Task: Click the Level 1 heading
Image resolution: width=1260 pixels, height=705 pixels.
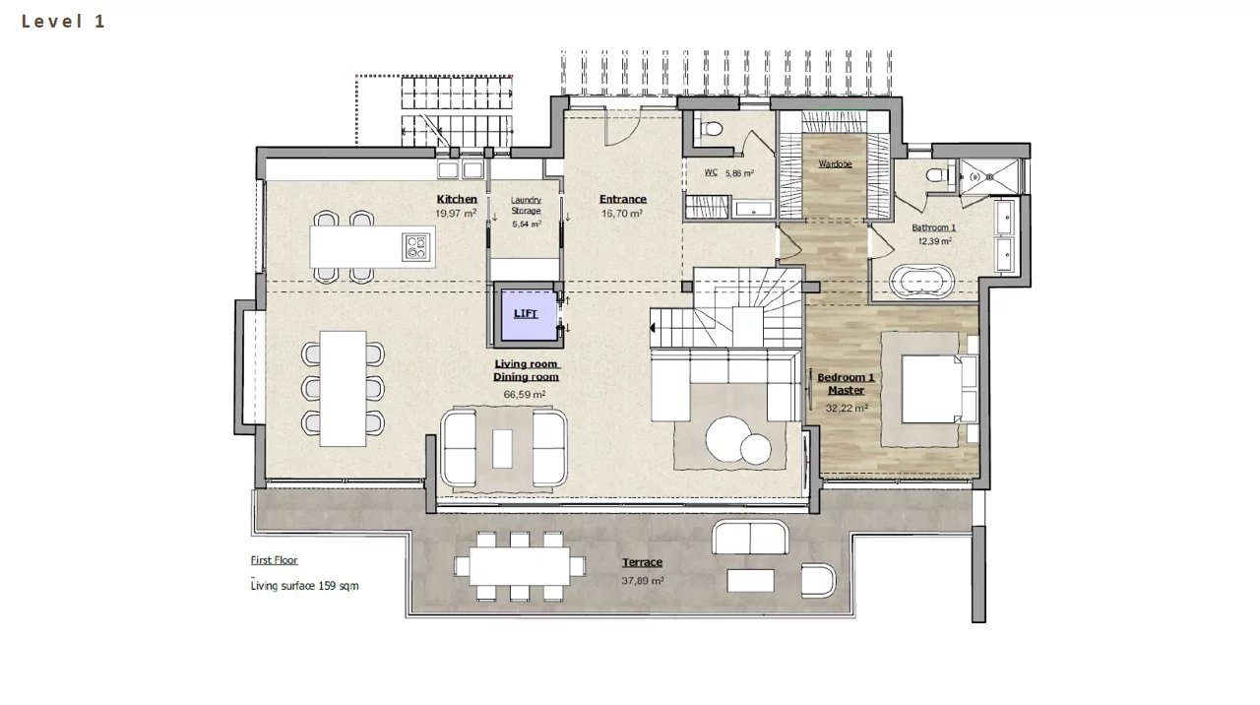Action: [x=64, y=22]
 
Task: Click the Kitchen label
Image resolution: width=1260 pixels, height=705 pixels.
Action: [x=457, y=199]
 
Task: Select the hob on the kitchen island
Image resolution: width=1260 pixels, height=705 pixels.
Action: [x=416, y=247]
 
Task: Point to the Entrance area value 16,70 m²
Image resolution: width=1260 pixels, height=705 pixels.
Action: [x=622, y=214]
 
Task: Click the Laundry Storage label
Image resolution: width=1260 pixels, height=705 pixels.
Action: [x=526, y=205]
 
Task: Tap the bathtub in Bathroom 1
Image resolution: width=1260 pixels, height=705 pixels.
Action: [x=922, y=281]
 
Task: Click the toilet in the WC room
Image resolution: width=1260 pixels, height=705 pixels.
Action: [x=711, y=129]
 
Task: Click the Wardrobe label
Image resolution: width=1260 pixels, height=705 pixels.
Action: [x=835, y=163]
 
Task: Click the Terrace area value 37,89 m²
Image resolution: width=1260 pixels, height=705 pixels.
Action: [x=643, y=580]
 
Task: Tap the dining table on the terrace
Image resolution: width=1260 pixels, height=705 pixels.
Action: [x=520, y=566]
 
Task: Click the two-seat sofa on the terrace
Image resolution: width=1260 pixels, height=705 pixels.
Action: [x=750, y=537]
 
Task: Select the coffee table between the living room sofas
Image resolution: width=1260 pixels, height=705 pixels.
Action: [x=502, y=449]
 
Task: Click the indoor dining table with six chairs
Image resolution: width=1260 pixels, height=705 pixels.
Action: [x=344, y=389]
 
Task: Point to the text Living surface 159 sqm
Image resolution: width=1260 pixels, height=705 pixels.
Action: [x=304, y=586]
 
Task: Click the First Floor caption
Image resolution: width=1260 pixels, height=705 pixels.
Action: [x=274, y=560]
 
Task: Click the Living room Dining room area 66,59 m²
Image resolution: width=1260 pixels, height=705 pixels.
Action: [x=525, y=395]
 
